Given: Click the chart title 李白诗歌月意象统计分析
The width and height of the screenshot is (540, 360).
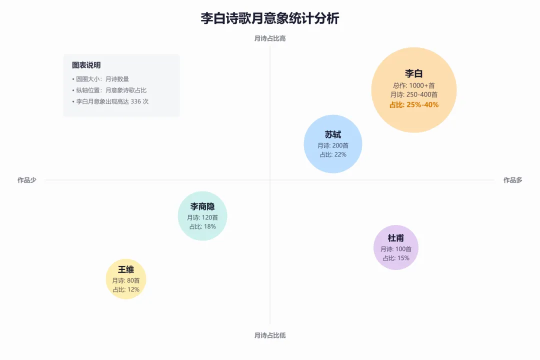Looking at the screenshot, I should (x=270, y=19).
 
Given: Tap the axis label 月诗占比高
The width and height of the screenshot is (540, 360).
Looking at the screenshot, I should (x=270, y=38).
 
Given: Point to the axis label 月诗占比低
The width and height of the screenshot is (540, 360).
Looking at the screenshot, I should (x=270, y=335).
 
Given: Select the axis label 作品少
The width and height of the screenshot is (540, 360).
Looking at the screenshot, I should (x=27, y=180).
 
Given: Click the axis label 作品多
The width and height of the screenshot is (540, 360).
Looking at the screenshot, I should (x=512, y=180).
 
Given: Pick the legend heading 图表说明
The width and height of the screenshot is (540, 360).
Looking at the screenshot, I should (x=86, y=65).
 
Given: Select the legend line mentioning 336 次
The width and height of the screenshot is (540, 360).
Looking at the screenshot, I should (x=110, y=101).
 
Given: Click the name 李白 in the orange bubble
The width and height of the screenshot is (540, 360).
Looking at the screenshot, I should (x=414, y=73).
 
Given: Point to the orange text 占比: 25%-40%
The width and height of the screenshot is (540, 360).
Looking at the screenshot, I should (x=414, y=104).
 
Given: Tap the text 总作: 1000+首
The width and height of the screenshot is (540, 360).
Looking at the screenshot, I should (x=414, y=85).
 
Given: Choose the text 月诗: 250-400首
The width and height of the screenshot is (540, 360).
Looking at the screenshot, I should (x=414, y=94).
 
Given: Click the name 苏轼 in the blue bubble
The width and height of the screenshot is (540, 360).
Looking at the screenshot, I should (x=333, y=135).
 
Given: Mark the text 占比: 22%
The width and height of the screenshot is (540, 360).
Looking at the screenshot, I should (x=333, y=154).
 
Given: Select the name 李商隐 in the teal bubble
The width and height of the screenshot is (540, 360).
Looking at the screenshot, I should (x=202, y=206).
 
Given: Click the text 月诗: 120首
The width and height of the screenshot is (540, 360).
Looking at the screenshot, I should (x=202, y=217).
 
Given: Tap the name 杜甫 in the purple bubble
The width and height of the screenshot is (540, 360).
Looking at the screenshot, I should (x=396, y=238).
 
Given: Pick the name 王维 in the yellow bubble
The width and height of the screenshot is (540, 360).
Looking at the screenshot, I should (x=126, y=270).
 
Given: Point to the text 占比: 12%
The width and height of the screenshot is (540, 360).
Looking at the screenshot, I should (x=126, y=289).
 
